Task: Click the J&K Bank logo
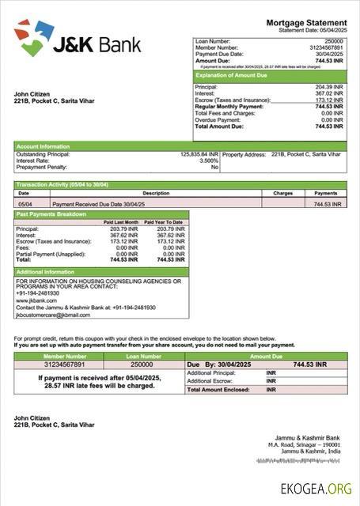[x=77, y=40]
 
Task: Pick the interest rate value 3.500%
[x=209, y=160]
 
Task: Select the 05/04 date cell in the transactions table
[x=25, y=204]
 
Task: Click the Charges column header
[x=282, y=193]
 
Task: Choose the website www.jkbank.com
[x=36, y=300]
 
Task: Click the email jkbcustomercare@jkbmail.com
[x=53, y=315]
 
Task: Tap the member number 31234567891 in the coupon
[x=66, y=364]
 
